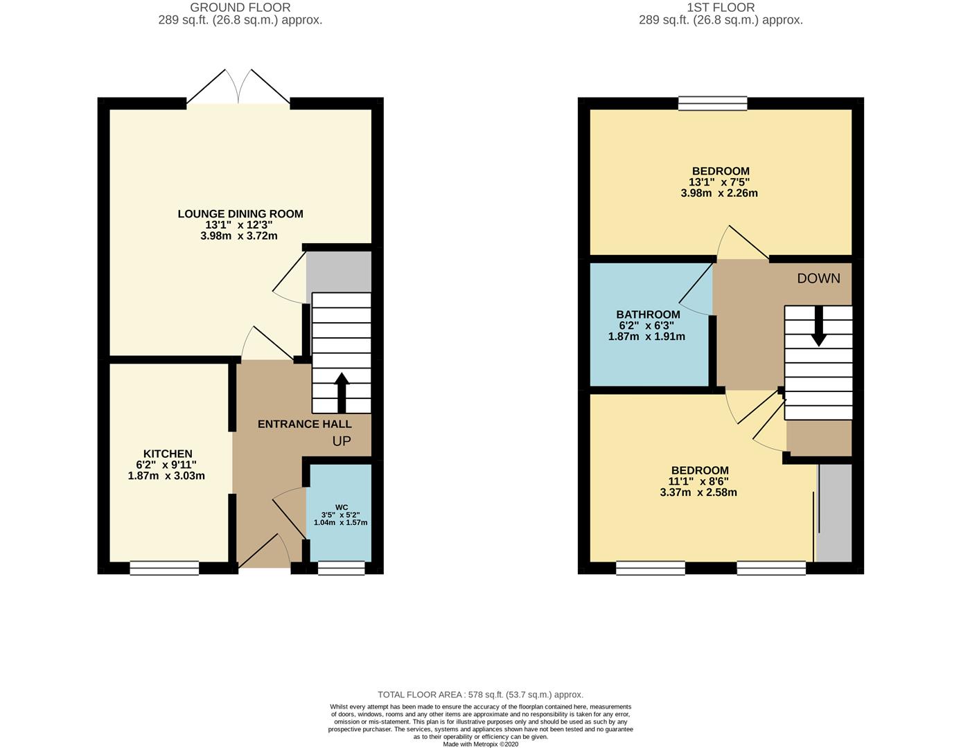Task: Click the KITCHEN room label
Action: (167, 454)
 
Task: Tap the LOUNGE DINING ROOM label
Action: (240, 214)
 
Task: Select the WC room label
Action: (341, 507)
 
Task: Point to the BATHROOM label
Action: (648, 314)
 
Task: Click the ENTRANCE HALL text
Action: (304, 424)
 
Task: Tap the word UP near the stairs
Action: (342, 441)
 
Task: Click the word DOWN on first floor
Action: (818, 278)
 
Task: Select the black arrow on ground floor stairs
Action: (342, 393)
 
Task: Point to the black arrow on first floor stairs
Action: (818, 326)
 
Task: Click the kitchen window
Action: (164, 568)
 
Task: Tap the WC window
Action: (341, 568)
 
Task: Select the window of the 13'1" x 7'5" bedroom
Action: (713, 103)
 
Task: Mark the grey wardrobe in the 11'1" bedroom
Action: (835, 513)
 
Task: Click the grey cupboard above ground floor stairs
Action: (339, 271)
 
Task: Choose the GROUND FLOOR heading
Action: (240, 8)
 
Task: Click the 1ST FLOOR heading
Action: (721, 8)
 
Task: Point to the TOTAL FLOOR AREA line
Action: (480, 694)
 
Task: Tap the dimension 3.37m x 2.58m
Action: (698, 492)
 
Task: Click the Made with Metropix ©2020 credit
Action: (480, 744)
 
